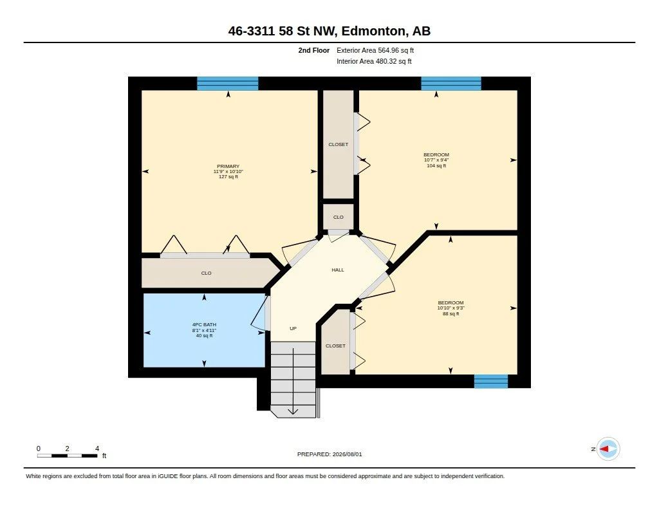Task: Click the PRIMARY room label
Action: [x=228, y=167]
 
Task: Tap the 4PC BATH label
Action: [x=204, y=324]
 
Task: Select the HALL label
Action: [x=338, y=270]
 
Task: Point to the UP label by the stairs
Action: [x=293, y=328]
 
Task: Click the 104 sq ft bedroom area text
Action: [x=436, y=165]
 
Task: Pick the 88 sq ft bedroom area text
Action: [x=451, y=313]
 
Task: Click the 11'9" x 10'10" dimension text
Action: [x=228, y=171]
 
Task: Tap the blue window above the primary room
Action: [x=228, y=83]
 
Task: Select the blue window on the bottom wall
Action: [x=491, y=381]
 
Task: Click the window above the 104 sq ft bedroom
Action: [x=451, y=83]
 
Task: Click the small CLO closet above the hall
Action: [x=339, y=217]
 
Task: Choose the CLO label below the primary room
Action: [x=206, y=273]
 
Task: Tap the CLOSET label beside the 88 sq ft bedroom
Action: [x=335, y=346]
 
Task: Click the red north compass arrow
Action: [x=604, y=449]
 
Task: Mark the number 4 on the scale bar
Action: [x=97, y=449]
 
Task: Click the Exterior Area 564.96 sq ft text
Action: [x=375, y=50]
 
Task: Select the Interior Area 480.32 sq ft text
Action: [x=374, y=61]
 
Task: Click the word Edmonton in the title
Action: [x=374, y=31]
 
